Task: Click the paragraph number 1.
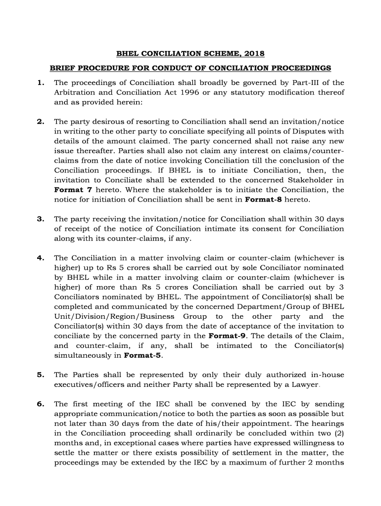[40, 83]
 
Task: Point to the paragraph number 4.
[40, 258]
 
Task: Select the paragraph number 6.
[40, 404]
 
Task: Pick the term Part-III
[302, 83]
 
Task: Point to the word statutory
[261, 92]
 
